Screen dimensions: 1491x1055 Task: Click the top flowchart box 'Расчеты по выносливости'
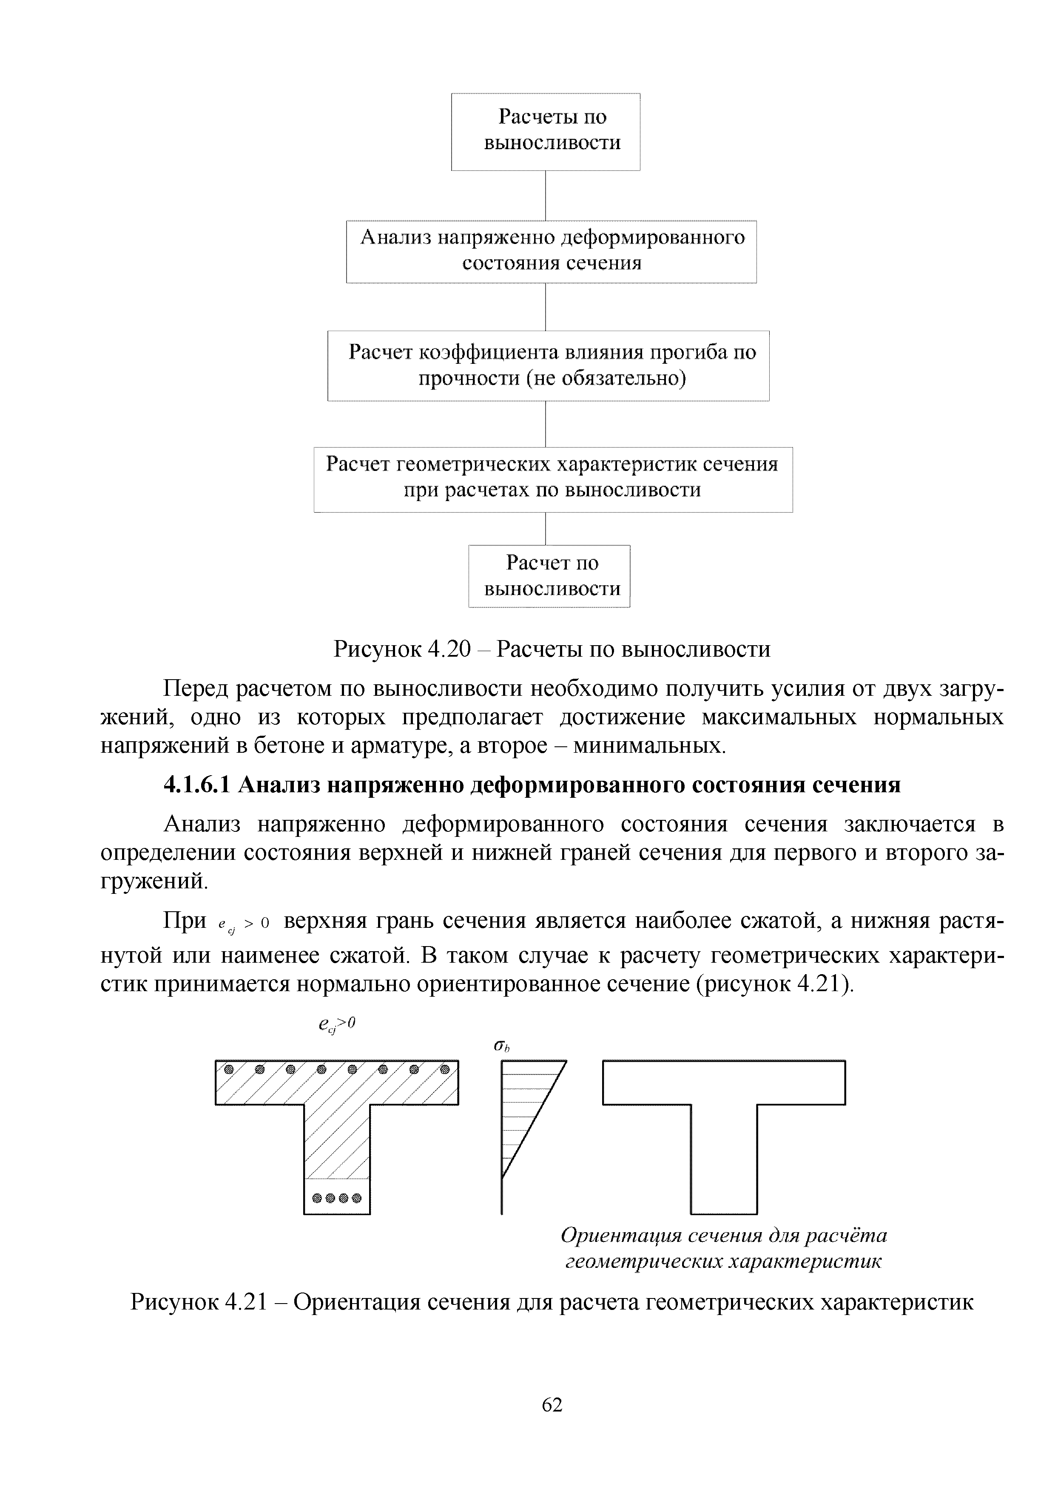[545, 130]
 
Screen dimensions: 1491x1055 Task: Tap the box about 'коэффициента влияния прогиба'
[548, 365]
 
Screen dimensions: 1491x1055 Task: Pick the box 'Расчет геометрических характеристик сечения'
[553, 479]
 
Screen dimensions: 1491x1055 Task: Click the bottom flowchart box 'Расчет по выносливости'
[549, 575]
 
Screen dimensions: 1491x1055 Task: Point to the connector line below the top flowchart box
[545, 195]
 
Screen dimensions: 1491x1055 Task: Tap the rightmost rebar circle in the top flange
[445, 1069]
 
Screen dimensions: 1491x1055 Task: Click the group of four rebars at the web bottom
[336, 1198]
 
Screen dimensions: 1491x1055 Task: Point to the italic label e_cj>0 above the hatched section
[337, 1025]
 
